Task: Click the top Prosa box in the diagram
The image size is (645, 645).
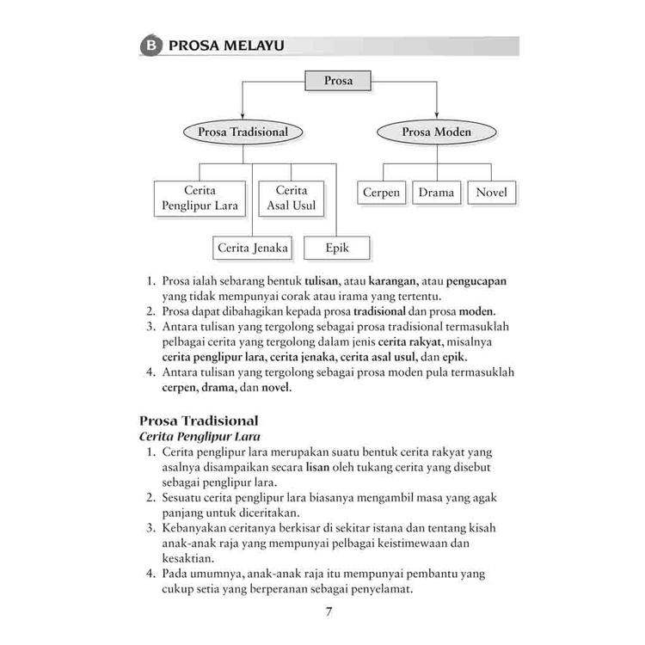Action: coord(338,82)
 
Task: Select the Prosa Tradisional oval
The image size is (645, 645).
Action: coord(243,132)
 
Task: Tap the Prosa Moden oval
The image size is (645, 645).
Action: coord(436,132)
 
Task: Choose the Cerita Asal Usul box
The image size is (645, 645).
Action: coord(292,198)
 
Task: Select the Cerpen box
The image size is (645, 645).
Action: coord(381,193)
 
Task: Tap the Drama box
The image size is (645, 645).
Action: coord(436,193)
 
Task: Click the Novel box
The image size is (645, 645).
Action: coord(492,193)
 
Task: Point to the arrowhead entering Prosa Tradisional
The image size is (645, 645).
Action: coord(243,116)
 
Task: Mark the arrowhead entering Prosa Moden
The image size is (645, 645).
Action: coord(436,116)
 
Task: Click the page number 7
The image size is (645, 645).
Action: coord(328,611)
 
